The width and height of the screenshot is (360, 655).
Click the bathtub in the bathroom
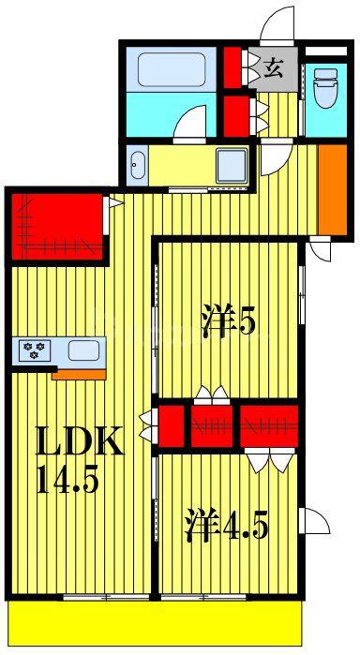[x=172, y=69]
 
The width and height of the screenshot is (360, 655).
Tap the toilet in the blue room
[x=325, y=87]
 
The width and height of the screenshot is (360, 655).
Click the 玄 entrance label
[x=274, y=68]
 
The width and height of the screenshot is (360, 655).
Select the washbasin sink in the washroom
[x=137, y=165]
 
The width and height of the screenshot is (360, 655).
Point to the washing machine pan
[x=232, y=164]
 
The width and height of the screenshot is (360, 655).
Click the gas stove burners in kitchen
[x=35, y=350]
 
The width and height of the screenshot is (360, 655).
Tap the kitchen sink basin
[x=83, y=350]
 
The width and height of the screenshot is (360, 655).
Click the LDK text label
[x=79, y=440]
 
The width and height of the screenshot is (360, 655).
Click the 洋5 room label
[x=228, y=320]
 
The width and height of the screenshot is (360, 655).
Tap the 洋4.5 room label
[x=226, y=524]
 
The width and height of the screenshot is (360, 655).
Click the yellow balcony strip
[x=155, y=623]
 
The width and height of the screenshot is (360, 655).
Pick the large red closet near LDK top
[x=57, y=228]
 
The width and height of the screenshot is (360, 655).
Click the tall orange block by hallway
[x=333, y=189]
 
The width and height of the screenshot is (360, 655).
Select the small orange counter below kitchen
[x=79, y=374]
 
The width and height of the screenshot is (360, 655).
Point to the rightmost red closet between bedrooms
[x=269, y=426]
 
